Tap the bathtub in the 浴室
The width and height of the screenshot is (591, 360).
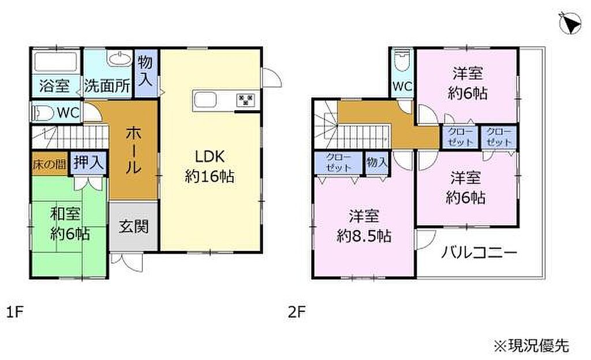pyautogui.click(x=55, y=61)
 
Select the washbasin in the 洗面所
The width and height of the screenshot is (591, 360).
pyautogui.click(x=119, y=59)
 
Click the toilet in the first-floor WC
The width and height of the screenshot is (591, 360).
pyautogui.click(x=43, y=112)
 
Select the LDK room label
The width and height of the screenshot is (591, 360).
pyautogui.click(x=210, y=156)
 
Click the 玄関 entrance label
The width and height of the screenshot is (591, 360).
pyautogui.click(x=133, y=227)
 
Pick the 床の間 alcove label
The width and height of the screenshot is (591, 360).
pyautogui.click(x=50, y=164)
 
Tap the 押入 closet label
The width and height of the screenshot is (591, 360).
pyautogui.click(x=88, y=162)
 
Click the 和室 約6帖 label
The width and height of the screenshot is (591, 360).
pyautogui.click(x=70, y=224)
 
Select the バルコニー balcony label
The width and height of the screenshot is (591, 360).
pyautogui.click(x=479, y=253)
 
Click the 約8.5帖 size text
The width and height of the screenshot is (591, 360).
pyautogui.click(x=364, y=237)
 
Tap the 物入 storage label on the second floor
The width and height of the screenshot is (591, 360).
pyautogui.click(x=377, y=162)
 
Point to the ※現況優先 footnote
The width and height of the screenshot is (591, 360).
pyautogui.click(x=532, y=345)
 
